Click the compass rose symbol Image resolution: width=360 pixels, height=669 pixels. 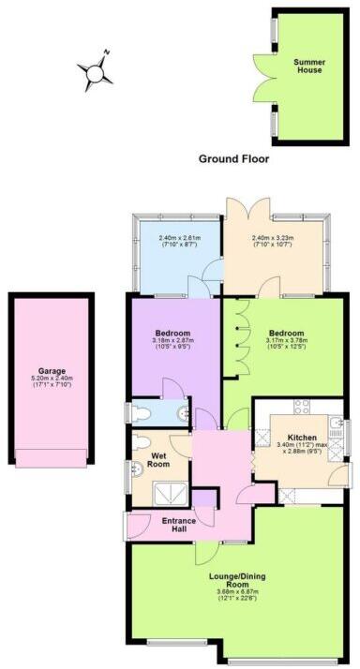(97, 70)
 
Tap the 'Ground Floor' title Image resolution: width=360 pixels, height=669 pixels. (232, 158)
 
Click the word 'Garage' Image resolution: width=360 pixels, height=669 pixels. (52, 370)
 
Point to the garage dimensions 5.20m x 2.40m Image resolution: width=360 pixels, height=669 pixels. (52, 379)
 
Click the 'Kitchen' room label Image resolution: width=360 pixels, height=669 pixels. (302, 438)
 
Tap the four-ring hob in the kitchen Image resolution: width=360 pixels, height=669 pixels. (303, 407)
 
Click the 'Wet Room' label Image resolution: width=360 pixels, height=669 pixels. (159, 459)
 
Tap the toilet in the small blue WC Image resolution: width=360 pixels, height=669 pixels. (139, 409)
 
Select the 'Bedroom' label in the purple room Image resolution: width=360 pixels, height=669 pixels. (173, 334)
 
